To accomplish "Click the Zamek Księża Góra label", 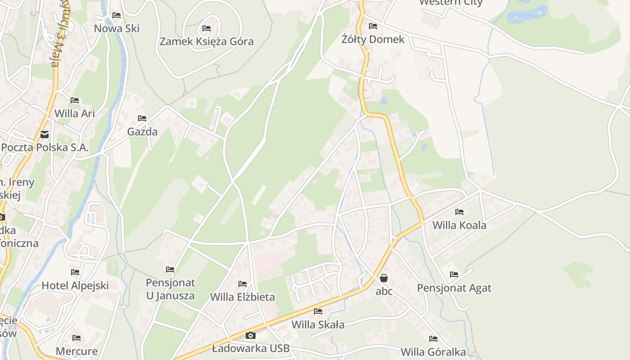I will click(x=207, y=42).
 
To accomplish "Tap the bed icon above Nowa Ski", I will click(x=117, y=15).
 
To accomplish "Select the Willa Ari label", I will click(x=75, y=113).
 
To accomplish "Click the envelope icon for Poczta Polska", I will click(x=45, y=134).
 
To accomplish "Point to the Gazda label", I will click(x=142, y=132).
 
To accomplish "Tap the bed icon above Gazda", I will click(x=142, y=118).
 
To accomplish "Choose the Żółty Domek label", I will click(x=373, y=39).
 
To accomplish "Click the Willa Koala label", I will click(x=459, y=225).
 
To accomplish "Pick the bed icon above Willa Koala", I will click(x=459, y=211).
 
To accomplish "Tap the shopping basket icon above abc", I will click(x=384, y=278).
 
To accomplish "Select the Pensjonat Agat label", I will click(x=454, y=288).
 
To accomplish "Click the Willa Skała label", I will click(x=318, y=324).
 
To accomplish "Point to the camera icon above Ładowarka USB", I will click(x=251, y=335).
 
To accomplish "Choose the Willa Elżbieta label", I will click(x=243, y=297).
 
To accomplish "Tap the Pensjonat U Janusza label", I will click(x=170, y=289).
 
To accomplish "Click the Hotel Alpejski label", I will click(x=75, y=285).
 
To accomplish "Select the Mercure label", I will click(x=76, y=351).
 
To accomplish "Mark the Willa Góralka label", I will click(x=433, y=351).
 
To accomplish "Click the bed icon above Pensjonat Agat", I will click(x=454, y=274).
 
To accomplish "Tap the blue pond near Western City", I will click(x=526, y=13).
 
